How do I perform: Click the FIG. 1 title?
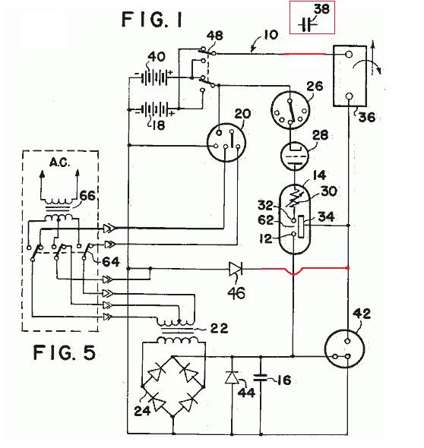tap(152, 20)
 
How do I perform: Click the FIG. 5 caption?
tap(65, 352)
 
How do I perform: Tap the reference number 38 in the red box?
tap(322, 8)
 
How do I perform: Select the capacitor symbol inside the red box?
tap(308, 25)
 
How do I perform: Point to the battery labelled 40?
tap(155, 77)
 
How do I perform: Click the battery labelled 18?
tap(155, 109)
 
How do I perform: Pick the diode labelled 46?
tap(236, 269)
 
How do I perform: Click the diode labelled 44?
tap(232, 377)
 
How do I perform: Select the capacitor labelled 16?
tap(261, 377)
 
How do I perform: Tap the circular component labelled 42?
tap(344, 349)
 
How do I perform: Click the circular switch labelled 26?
tap(290, 110)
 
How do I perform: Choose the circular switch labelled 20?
tap(226, 143)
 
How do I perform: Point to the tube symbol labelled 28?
tap(295, 156)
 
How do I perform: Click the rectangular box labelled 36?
tap(350, 76)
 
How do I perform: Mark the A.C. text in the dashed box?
tap(60, 162)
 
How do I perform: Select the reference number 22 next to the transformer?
tap(220, 328)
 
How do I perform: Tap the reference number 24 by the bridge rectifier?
tap(142, 411)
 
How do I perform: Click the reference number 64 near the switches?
tap(111, 261)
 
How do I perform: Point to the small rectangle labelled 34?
tap(301, 227)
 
